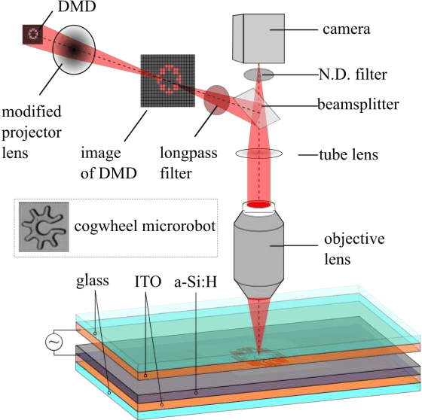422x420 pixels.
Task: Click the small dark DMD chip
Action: pos(31,33)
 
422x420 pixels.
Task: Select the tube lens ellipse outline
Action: pos(259,154)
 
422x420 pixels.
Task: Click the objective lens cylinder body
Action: pos(259,248)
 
